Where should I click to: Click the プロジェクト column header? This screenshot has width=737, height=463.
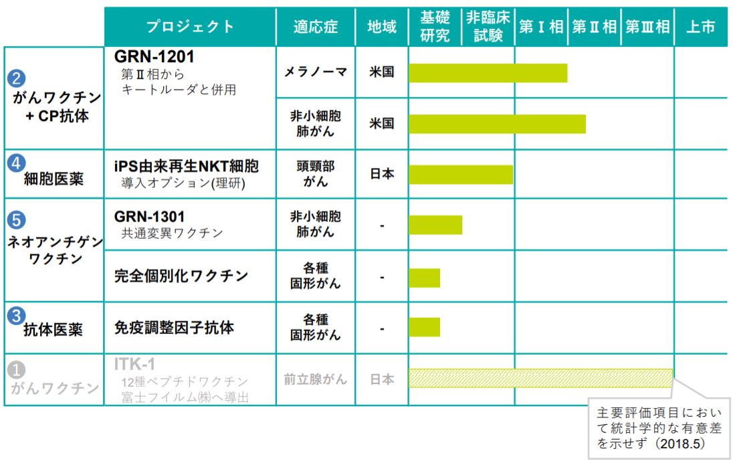tap(191, 27)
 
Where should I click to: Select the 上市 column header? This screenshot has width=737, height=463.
tap(700, 27)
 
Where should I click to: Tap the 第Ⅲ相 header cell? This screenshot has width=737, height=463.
tap(647, 27)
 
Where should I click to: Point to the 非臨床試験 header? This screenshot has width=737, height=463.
tap(488, 27)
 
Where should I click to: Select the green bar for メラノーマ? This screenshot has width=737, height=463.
tap(488, 72)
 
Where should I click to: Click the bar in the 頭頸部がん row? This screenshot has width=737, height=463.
tap(460, 174)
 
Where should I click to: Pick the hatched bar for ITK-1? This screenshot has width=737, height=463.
tap(540, 378)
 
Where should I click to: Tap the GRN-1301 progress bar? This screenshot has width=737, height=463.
tap(435, 225)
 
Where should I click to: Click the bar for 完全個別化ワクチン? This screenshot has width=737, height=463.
tap(424, 277)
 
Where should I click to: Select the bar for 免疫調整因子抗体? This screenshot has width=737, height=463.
tap(424, 327)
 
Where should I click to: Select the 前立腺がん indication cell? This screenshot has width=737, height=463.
tap(315, 379)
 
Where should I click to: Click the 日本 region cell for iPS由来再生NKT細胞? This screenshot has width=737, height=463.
tap(381, 174)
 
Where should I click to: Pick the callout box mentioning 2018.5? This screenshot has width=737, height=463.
tap(659, 429)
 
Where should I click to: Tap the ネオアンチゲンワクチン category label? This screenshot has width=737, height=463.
tap(54, 252)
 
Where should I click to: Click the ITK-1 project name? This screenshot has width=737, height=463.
tap(134, 365)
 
